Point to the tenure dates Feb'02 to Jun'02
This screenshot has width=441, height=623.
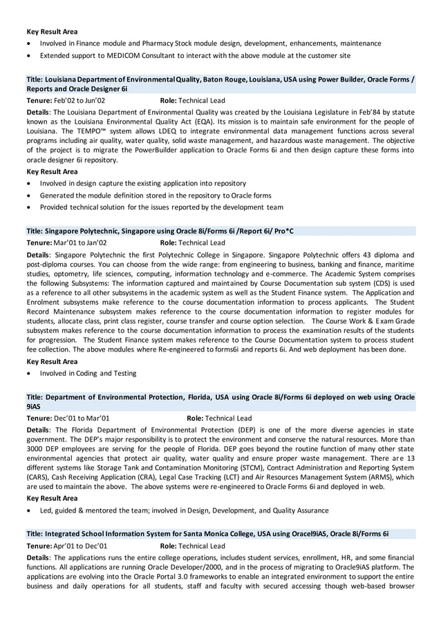coord(79,100)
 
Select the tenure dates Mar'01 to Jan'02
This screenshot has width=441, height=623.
coord(80,243)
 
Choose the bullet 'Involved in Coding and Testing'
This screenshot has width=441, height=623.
coord(88,374)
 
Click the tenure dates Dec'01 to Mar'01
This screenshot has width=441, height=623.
coord(81,418)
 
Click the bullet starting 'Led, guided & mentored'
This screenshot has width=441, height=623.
coord(184,510)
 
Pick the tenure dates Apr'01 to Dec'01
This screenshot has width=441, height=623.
coord(80,546)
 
